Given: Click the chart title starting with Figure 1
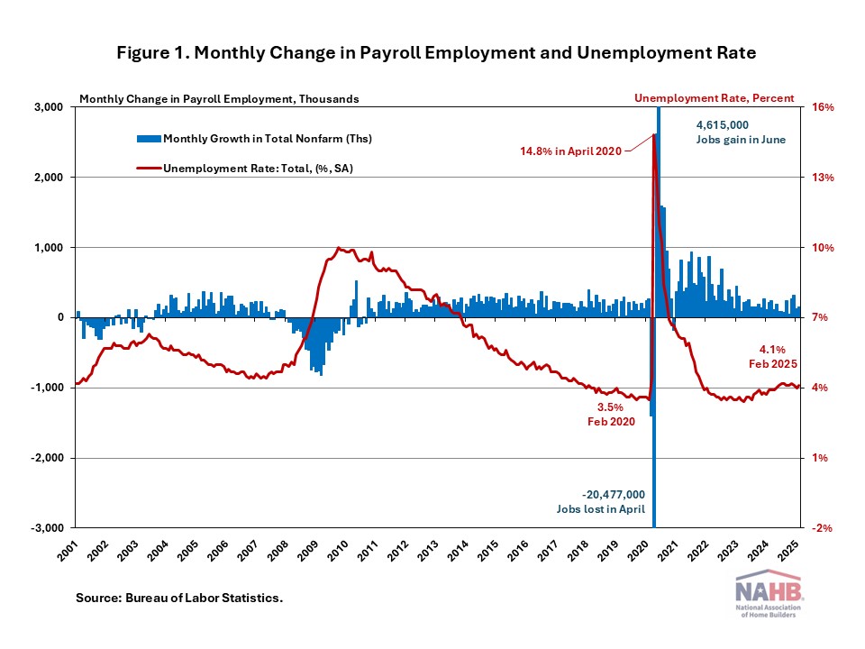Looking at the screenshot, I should point(436,53).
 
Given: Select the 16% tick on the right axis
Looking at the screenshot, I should point(824,107).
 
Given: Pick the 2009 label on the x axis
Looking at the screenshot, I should point(308,549).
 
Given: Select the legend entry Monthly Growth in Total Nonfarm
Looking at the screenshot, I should point(254,139).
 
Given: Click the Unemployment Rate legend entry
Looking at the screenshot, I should point(242,168).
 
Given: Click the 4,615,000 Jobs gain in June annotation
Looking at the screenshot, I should point(729,132).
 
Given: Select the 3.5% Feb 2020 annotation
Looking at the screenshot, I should point(605,415).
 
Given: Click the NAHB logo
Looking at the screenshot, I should point(770,596).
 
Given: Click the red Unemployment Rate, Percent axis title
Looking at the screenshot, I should point(714,97).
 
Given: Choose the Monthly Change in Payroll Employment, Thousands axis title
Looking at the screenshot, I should point(219,98).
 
